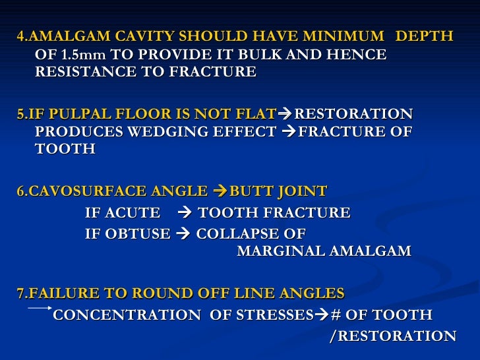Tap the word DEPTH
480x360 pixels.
(x=425, y=36)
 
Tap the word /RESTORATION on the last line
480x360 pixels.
(x=392, y=336)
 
